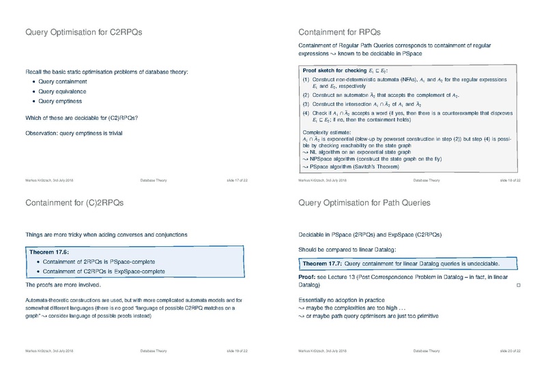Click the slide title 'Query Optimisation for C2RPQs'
coord(84,31)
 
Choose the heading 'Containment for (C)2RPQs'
coord(74,203)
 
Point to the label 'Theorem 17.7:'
coord(324,263)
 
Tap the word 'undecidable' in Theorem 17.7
coord(480,263)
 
